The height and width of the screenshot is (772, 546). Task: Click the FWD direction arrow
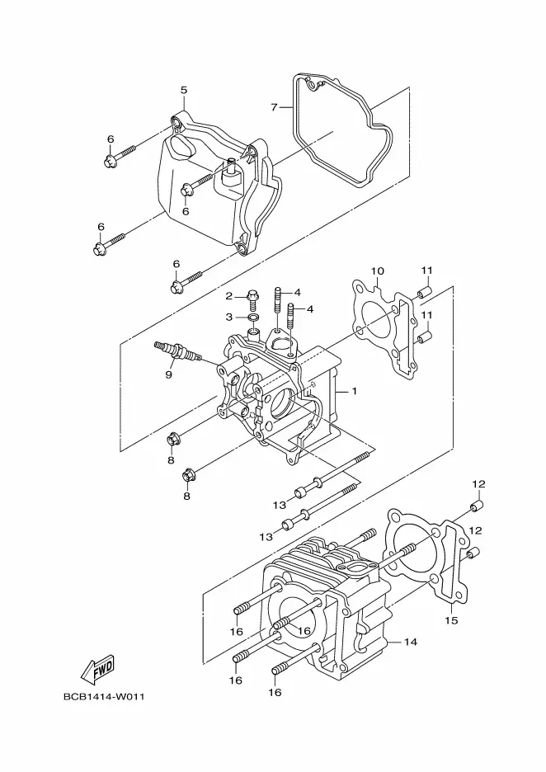(97, 670)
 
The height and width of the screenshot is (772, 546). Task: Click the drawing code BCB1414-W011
(103, 697)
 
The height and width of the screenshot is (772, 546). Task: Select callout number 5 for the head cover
(184, 90)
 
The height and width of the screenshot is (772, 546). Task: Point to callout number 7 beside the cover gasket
(274, 107)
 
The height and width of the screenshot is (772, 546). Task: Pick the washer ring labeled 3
(253, 318)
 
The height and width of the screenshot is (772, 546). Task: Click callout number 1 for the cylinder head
(354, 392)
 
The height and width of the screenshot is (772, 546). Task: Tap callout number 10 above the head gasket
(378, 271)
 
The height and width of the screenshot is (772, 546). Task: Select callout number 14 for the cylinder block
(411, 642)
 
